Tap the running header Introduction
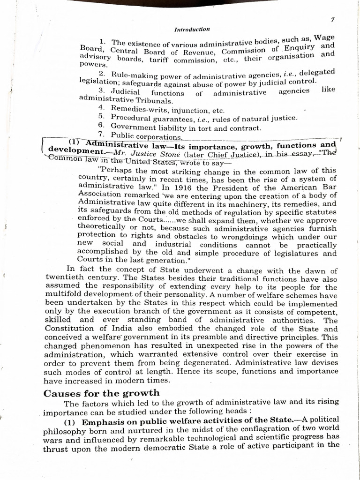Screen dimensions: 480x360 point(192,29)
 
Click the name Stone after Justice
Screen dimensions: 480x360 point(188,153)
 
